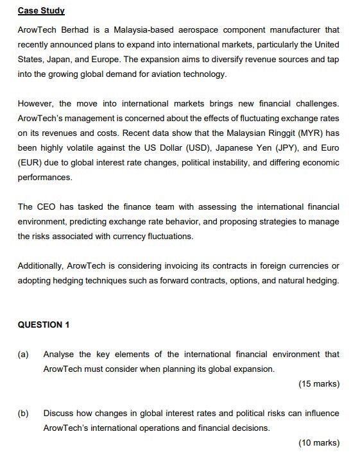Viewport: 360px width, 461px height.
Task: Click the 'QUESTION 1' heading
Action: click(x=44, y=324)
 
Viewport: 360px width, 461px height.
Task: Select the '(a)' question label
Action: click(x=24, y=354)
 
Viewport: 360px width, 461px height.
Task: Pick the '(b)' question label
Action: click(x=24, y=413)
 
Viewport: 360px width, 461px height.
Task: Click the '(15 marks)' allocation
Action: click(x=318, y=384)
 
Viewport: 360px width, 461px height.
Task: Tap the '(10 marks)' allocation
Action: click(x=318, y=443)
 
